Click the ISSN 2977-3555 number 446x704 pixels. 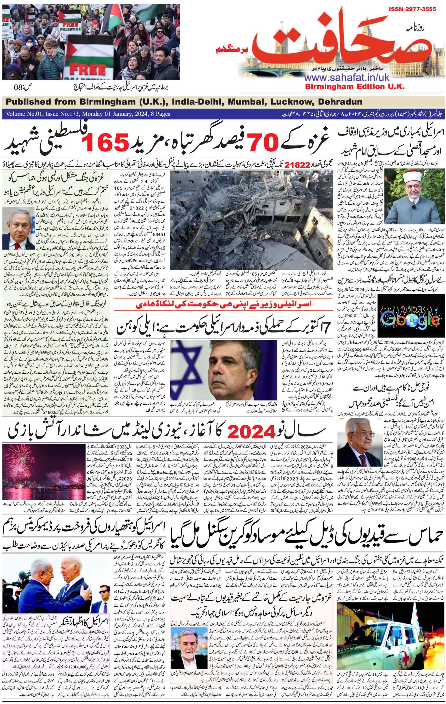[412, 9]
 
